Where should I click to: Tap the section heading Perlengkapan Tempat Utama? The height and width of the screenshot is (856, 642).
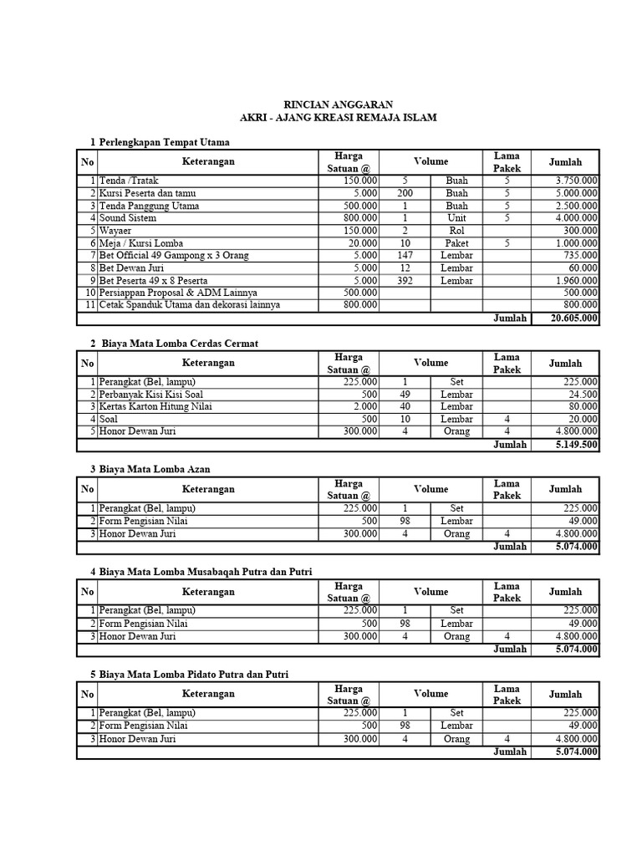[164, 142]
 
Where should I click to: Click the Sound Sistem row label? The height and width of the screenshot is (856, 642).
[127, 218]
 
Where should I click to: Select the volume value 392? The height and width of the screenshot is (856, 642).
[405, 281]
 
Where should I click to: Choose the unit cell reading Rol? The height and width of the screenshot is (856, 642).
[456, 231]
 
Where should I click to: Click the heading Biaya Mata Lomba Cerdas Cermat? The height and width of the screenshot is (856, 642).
[184, 344]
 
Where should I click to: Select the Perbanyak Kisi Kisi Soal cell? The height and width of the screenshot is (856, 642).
[150, 395]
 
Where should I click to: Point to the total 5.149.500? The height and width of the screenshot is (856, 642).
[575, 445]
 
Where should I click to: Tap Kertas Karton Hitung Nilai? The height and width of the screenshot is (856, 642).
[155, 407]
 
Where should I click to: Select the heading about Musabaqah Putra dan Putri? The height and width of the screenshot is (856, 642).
[205, 572]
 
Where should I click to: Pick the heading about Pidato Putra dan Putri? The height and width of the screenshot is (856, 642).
[194, 674]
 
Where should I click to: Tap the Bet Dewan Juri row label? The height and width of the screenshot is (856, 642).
[133, 268]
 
